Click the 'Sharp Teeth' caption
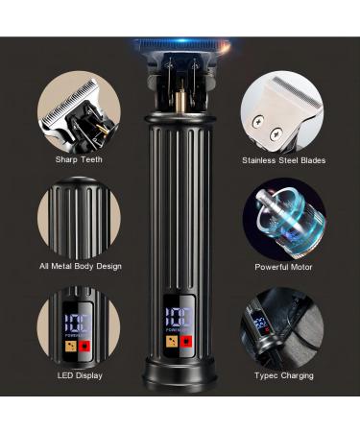click(x=80, y=159)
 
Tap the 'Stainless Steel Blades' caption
click(x=283, y=160)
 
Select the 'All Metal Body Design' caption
click(x=80, y=266)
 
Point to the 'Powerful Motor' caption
click(x=283, y=267)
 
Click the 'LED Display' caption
click(x=80, y=375)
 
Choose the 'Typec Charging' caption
click(x=283, y=375)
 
